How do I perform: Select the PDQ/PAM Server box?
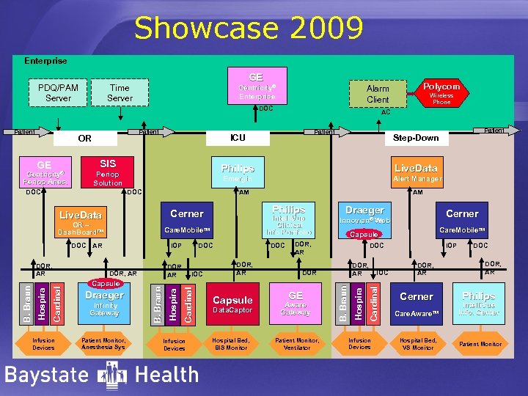tap(58, 92)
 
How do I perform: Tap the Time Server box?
tap(120, 92)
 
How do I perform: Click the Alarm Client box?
tap(378, 93)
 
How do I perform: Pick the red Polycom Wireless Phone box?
tap(441, 92)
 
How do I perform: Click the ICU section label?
tap(238, 137)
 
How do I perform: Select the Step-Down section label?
tap(415, 138)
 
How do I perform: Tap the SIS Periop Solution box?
tap(108, 172)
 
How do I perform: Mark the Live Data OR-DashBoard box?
tap(81, 221)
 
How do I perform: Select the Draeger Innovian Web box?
tap(364, 215)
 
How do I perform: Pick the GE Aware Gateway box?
tap(296, 303)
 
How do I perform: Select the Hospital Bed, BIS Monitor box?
tap(232, 344)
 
